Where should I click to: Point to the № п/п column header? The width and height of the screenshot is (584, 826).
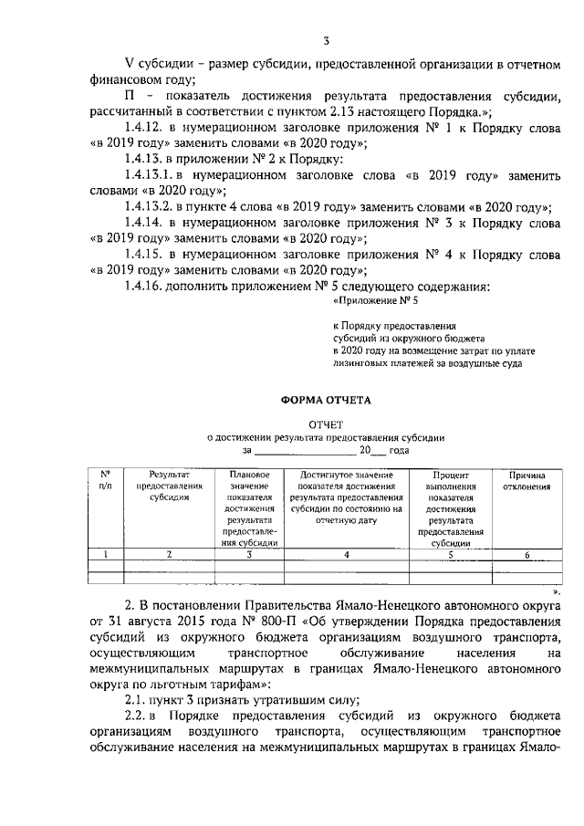(106, 481)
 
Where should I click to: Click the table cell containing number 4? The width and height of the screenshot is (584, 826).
(346, 554)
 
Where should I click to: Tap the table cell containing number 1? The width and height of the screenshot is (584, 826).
(106, 554)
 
